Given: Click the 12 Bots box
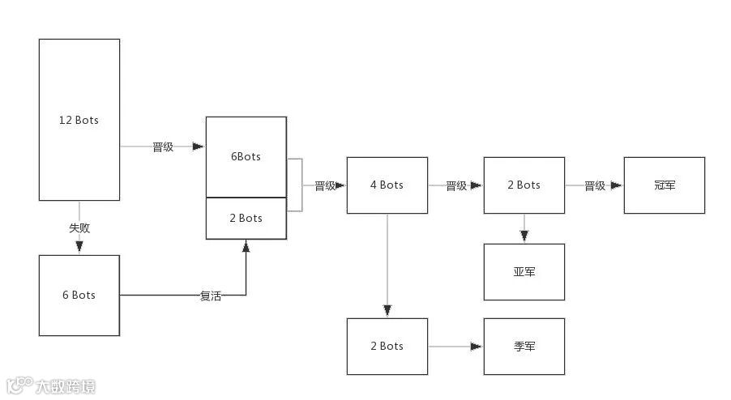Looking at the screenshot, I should [x=79, y=120].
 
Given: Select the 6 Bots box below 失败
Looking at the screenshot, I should [x=79, y=296].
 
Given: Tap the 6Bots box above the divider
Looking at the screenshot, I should [x=246, y=156].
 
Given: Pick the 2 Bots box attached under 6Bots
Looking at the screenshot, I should [x=246, y=218].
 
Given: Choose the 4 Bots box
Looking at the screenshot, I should [x=387, y=185].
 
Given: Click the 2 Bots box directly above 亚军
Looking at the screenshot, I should [x=524, y=185].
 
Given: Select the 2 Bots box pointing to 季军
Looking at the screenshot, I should [x=387, y=347].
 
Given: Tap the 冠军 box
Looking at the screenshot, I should [x=664, y=185].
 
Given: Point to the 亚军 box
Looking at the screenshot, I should [x=524, y=272].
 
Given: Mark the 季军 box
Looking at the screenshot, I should [x=524, y=347].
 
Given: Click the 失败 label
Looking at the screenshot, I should [x=79, y=228].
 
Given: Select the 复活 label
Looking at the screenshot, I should [x=210, y=296].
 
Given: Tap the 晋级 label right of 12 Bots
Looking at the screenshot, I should [x=163, y=147].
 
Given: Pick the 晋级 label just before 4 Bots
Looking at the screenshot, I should [x=324, y=185].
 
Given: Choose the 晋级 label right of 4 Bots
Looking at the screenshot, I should [x=456, y=185].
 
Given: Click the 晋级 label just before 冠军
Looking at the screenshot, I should [x=595, y=185].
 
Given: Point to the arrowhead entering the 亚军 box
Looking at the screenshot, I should [x=524, y=236].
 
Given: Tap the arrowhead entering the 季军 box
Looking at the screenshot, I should [x=477, y=347].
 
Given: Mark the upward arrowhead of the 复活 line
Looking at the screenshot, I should [x=246, y=245].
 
